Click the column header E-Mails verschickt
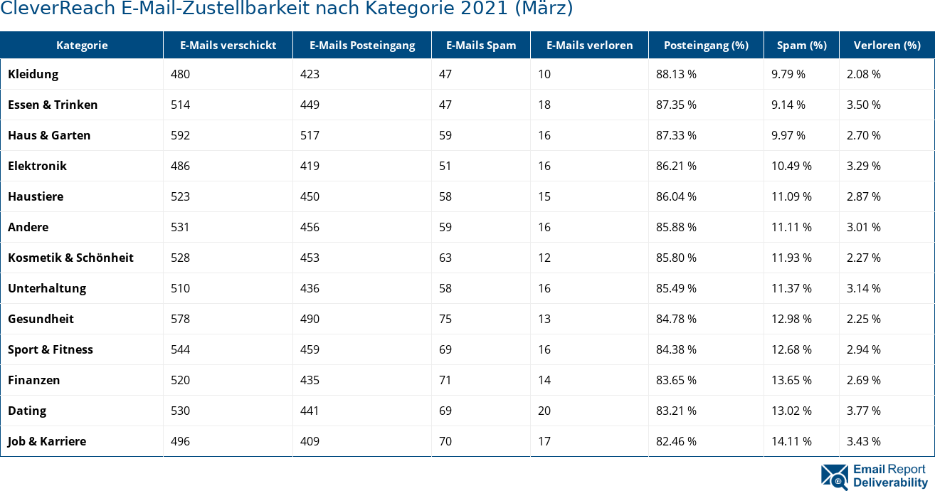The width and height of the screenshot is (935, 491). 228,45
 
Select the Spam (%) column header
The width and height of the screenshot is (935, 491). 801,45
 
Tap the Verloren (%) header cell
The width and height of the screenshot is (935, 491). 887,45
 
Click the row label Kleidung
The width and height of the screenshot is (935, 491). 33,74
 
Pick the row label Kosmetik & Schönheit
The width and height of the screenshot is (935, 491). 70,258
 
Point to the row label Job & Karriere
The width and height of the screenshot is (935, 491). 47,441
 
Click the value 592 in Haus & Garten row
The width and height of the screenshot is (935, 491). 180,135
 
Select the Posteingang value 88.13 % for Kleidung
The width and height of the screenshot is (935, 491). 676,74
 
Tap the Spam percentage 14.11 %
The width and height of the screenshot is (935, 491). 791,441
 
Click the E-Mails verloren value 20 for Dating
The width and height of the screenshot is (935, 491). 544,411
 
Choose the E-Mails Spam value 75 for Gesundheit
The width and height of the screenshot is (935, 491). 445,319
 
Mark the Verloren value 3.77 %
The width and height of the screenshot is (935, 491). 863,411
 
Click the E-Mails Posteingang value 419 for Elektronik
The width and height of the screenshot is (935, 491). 310,166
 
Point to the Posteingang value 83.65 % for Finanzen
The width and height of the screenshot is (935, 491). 676,380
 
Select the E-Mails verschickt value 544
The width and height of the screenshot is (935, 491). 180,349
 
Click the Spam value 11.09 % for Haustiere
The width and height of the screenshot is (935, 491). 791,196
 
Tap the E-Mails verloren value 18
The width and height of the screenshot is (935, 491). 544,105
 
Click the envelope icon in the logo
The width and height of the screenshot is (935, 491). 834,477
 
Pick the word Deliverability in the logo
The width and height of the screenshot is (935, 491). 890,482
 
